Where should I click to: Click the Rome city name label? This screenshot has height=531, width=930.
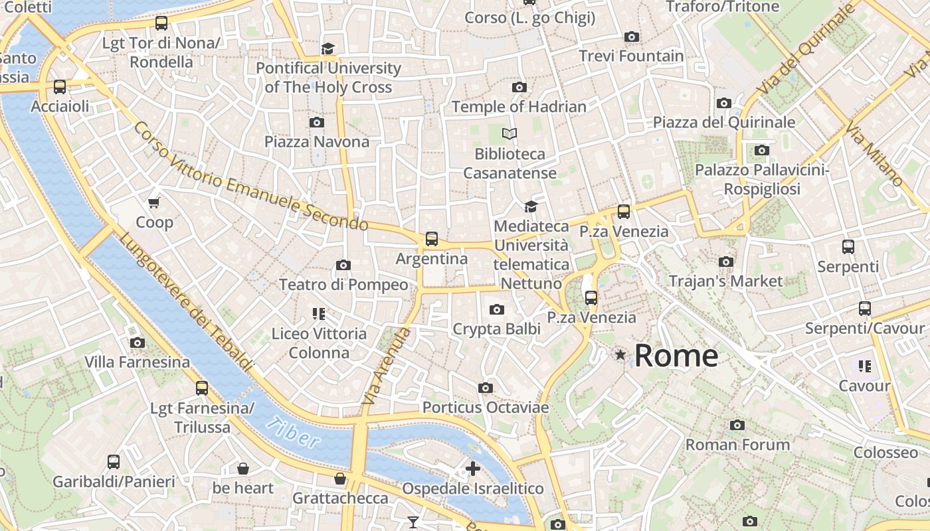[676, 356]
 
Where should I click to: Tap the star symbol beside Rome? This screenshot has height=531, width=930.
[620, 355]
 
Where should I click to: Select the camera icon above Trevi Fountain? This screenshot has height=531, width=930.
[632, 37]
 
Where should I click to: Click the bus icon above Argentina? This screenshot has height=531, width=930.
[432, 239]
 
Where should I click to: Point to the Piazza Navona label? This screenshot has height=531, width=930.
[317, 141]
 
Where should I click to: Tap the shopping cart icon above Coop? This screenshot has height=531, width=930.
[154, 202]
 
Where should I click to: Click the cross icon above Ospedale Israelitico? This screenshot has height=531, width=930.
[473, 469]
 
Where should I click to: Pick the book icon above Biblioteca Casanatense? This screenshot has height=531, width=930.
[510, 134]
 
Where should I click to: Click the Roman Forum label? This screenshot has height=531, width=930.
[737, 444]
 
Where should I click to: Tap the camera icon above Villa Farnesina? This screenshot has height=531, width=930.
[138, 343]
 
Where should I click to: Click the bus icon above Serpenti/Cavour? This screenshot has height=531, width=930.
[864, 309]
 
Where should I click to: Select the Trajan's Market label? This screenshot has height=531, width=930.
[725, 281]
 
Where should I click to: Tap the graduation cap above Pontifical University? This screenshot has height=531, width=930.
[327, 48]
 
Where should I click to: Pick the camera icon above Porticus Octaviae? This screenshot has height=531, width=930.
[486, 388]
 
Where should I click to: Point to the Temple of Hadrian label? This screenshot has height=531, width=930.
[519, 106]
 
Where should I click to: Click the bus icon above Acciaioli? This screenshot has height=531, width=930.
[60, 87]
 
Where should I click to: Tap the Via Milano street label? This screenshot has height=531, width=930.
[874, 154]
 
